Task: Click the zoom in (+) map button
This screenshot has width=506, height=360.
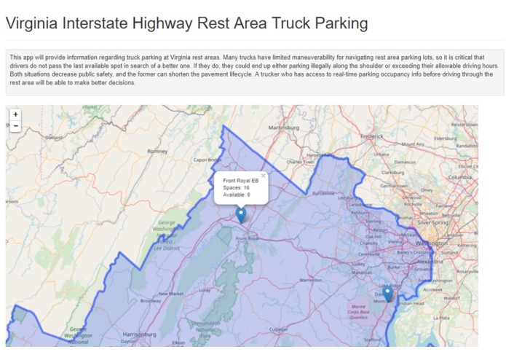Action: click(x=15, y=114)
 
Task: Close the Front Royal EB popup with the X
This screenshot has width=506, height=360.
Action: click(x=264, y=176)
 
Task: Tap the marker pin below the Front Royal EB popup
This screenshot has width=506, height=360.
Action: click(x=241, y=214)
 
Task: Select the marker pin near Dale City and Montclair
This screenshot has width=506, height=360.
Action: click(x=388, y=293)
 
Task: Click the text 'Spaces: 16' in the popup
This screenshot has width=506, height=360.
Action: click(x=236, y=187)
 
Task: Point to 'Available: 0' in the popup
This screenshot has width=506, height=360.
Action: click(x=237, y=195)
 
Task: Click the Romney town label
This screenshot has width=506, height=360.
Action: click(x=158, y=152)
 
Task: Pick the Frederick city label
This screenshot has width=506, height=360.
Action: click(x=372, y=136)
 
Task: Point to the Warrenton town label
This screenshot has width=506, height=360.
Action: click(x=310, y=279)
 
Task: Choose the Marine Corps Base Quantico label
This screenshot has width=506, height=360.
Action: click(x=363, y=311)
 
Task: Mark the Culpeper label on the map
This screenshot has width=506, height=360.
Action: click(x=278, y=329)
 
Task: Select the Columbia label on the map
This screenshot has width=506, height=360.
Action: click(x=460, y=177)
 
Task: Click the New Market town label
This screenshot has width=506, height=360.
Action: click(x=172, y=294)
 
